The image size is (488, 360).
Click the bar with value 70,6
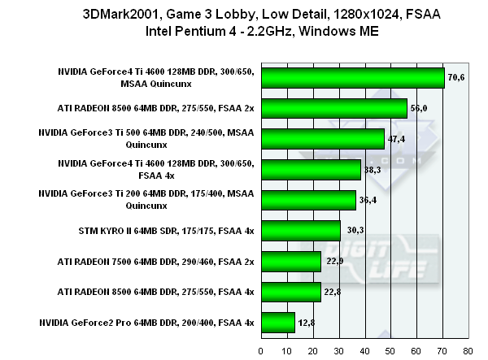352,77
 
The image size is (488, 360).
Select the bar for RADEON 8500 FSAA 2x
333,108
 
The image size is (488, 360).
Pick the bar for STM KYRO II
300,231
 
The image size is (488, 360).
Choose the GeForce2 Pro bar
277,323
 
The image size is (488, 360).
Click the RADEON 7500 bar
290,261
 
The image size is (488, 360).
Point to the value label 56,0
420,108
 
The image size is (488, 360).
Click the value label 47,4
397,139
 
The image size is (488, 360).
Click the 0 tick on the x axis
260,351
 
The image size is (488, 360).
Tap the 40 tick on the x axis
364,351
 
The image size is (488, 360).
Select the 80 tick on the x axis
467,351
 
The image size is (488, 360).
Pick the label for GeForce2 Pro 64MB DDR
156,323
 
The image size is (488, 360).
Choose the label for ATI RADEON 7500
156,261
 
